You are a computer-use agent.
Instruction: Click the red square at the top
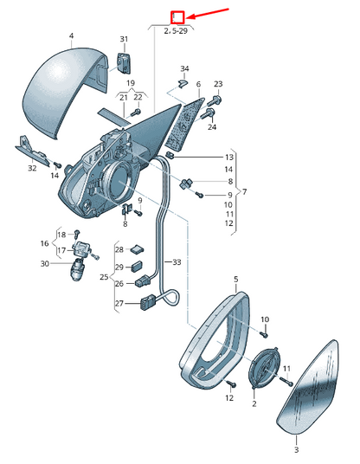tap(177, 17)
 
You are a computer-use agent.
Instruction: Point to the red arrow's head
tap(189, 16)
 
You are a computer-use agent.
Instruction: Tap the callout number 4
tap(71, 35)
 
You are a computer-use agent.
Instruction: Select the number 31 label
tap(125, 39)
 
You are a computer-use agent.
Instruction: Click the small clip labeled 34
tap(183, 83)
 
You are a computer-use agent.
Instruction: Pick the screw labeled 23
tap(215, 100)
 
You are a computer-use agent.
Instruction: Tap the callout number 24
tap(212, 127)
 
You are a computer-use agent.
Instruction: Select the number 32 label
tap(32, 169)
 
